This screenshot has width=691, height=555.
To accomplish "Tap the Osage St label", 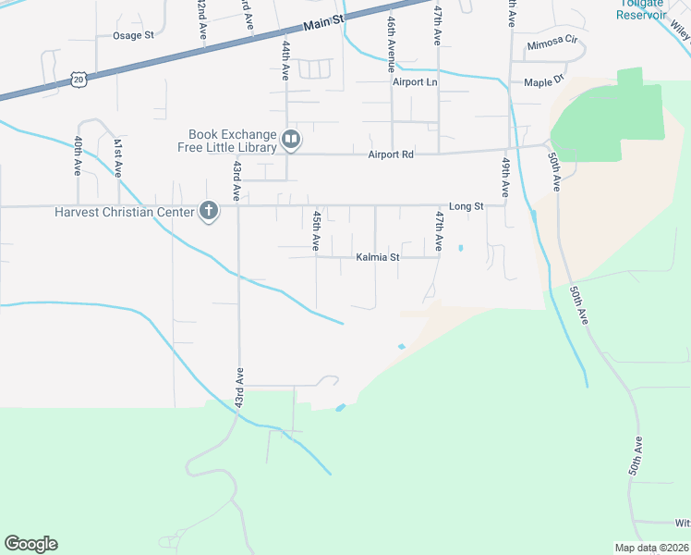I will coord(133,35).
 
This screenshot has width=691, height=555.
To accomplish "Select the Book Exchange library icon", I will coord(291,140).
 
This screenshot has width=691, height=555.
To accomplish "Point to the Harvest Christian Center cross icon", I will coord(209,212).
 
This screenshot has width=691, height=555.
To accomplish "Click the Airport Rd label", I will coord(391,154).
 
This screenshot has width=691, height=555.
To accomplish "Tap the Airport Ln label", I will coord(414,82).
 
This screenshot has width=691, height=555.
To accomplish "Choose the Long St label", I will coord(467,206).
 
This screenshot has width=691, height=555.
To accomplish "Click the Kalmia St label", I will coord(377,257).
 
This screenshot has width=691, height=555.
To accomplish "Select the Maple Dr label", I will coord(543,82).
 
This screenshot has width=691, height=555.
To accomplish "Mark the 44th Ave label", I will coord(286,58).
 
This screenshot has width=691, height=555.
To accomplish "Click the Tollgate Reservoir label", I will coord(642,8).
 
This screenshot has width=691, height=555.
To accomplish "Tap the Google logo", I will coord(30,544).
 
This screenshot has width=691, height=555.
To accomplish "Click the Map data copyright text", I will coord(651,548).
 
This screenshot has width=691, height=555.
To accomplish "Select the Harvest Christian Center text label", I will coord(124,212).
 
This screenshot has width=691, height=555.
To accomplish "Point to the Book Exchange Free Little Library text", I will coord(232,141).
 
